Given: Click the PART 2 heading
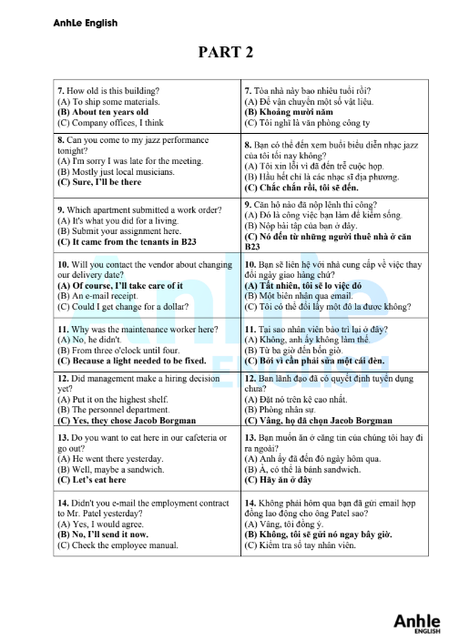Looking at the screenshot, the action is pos(225,53).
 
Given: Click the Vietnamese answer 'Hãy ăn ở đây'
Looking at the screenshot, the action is pos(284,479).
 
